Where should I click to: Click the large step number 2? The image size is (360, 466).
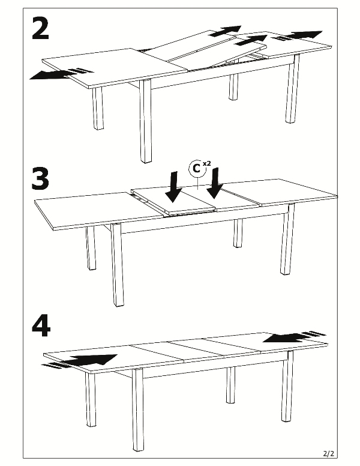pos(40,28)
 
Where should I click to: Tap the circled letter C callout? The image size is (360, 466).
pos(197,169)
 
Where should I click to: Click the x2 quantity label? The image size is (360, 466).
pos(207,163)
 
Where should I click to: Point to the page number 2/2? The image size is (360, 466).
pos(329,454)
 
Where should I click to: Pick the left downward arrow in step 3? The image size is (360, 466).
pos(173,186)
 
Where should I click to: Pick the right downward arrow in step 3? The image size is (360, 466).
pos(215,183)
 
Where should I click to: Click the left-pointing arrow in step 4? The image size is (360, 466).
pos(294,337)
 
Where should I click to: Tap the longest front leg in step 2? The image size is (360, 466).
pos(145,121)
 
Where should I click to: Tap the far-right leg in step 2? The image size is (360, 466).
pos(292,89)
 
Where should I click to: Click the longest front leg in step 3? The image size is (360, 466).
pos(118,265)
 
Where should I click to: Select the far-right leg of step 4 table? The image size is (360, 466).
pos(287,386)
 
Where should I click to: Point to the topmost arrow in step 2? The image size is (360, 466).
pos(225,31)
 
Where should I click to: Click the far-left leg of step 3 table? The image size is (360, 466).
pos(91,248)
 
